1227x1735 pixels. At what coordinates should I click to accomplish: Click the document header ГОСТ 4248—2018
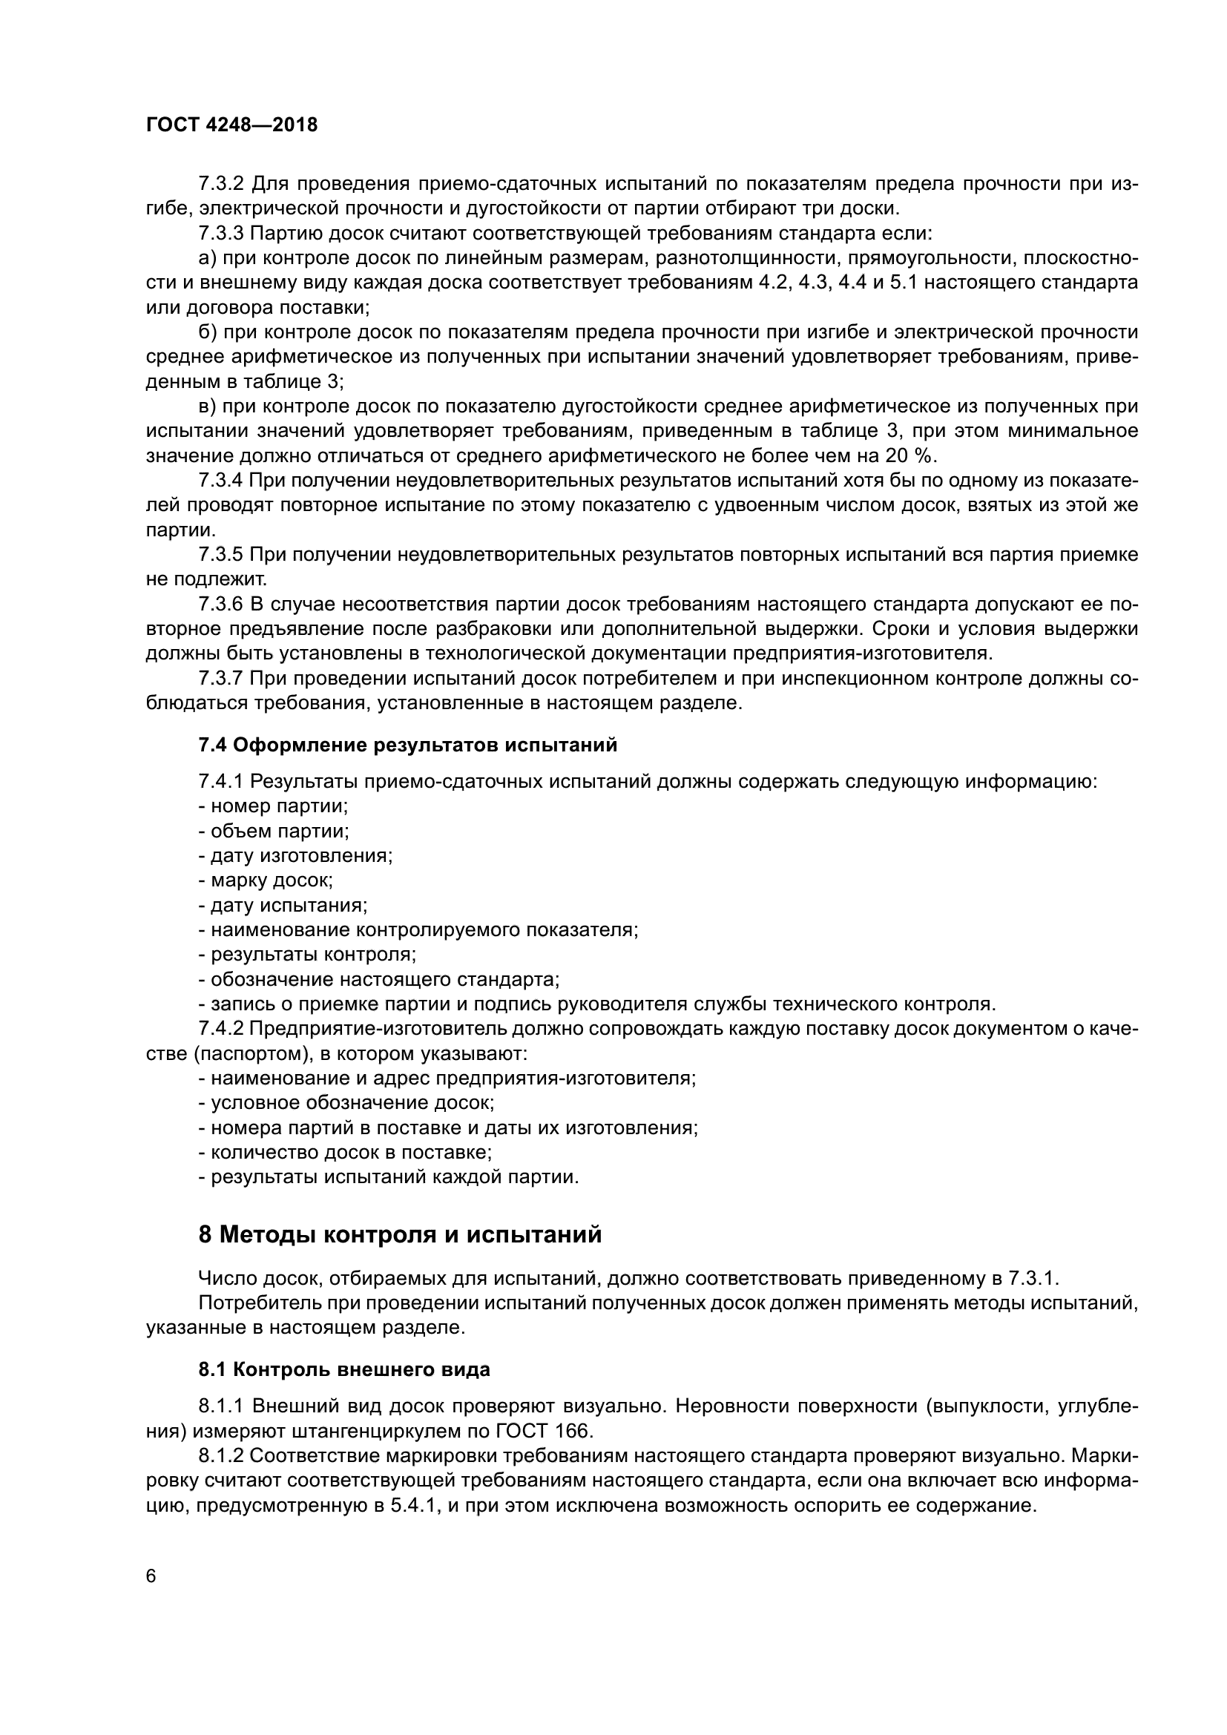[231, 125]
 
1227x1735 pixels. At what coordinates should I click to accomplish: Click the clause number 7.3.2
[220, 184]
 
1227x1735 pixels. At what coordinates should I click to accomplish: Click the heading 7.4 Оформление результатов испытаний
[407, 745]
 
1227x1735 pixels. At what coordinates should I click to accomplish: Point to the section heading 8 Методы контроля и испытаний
[400, 1234]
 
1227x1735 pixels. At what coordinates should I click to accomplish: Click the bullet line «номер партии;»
[274, 806]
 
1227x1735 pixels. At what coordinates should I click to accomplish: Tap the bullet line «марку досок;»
[266, 880]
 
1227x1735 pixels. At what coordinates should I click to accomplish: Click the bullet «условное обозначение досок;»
[346, 1102]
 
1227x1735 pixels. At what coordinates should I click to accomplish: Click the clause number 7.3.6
[220, 605]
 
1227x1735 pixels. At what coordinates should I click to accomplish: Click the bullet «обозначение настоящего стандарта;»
[379, 979]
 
